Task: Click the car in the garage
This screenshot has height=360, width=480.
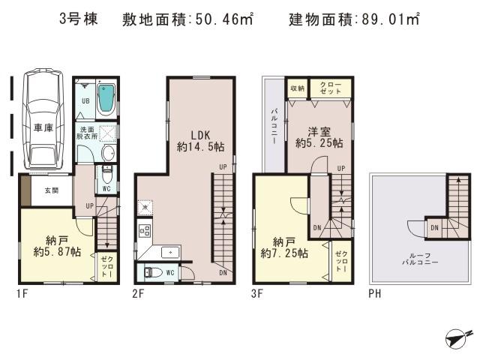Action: tap(42, 120)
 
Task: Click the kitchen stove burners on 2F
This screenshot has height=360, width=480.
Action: tap(143, 230)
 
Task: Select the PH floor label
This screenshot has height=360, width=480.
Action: tap(374, 294)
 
